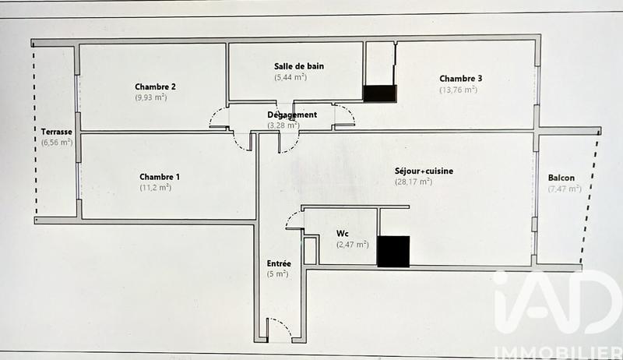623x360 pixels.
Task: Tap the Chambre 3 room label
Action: point(460,79)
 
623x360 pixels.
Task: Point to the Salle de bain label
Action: point(299,66)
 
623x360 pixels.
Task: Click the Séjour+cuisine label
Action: point(424,171)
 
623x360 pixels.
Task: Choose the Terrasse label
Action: point(58,132)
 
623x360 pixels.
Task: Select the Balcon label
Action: point(561,178)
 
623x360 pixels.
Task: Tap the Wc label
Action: point(342,234)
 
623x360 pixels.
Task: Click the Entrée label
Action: point(279,263)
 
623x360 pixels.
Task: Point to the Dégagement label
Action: point(292,115)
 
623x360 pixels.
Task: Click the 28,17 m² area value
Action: point(414,182)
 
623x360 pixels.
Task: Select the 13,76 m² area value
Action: point(458,90)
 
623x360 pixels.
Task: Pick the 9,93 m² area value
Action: point(150,97)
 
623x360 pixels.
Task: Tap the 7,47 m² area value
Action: point(561,189)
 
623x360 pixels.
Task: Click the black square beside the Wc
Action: point(392,251)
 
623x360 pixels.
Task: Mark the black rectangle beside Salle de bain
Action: point(380,93)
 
